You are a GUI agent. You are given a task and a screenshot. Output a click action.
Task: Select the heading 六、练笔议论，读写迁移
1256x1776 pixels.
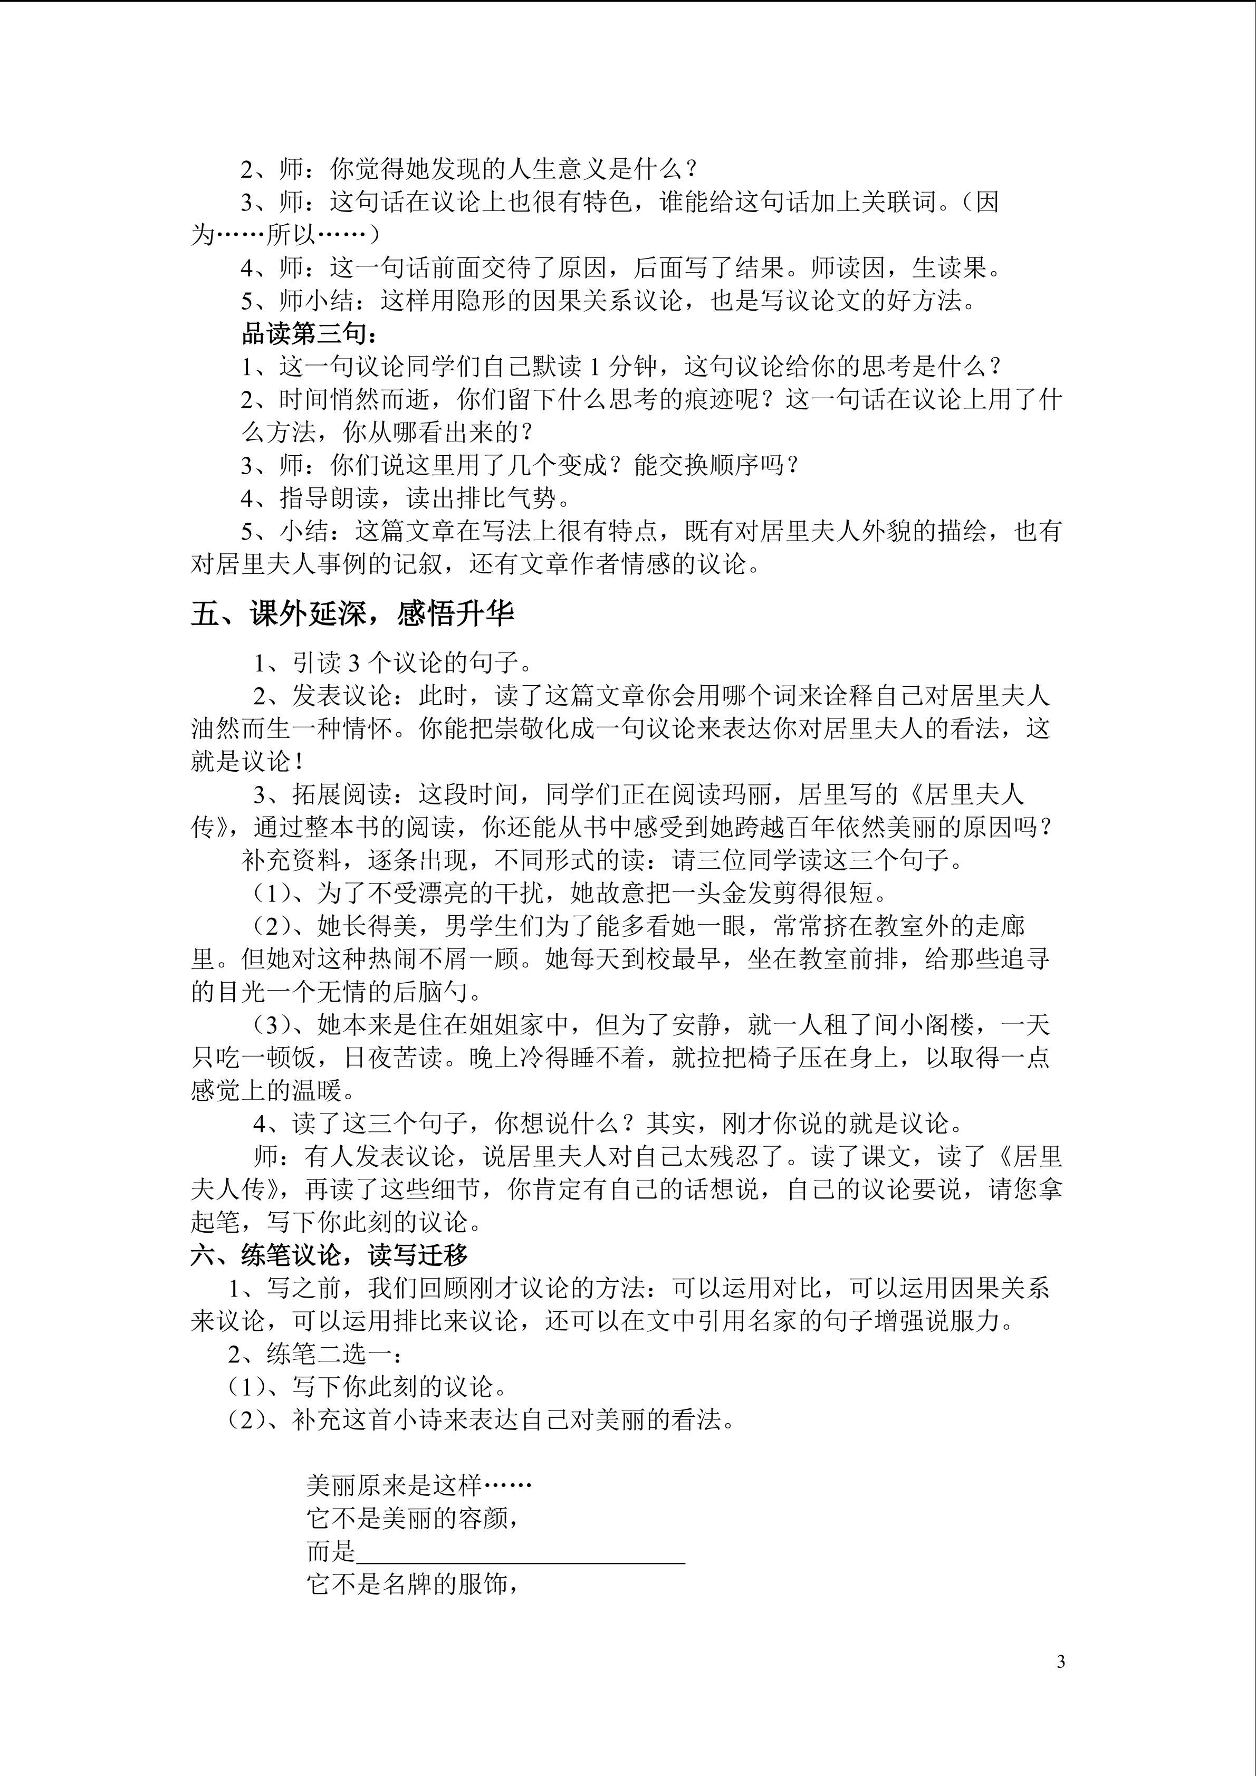(330, 1255)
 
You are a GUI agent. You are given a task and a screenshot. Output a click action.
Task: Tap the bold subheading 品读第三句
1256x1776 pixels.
(309, 334)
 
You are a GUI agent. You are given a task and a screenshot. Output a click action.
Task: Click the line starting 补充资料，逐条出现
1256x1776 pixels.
(603, 860)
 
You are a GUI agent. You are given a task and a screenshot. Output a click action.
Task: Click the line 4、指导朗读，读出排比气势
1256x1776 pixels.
(406, 498)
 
